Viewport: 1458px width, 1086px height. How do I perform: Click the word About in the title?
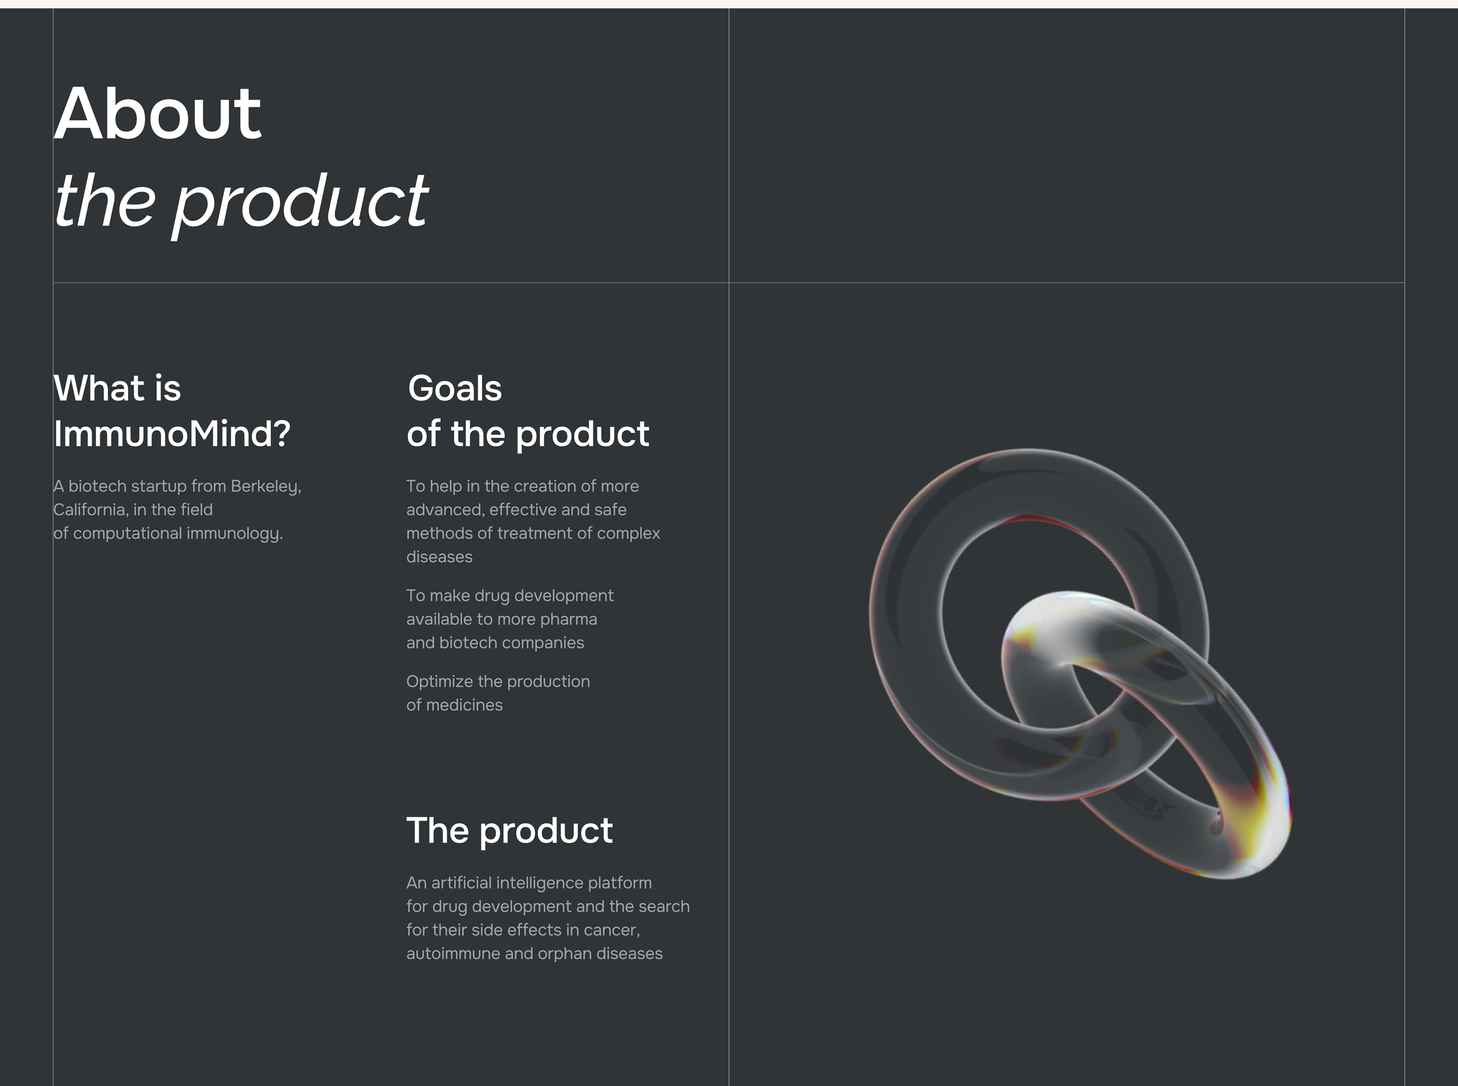coord(158,113)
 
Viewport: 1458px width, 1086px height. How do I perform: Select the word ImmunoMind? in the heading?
coord(172,434)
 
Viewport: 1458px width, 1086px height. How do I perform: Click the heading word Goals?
coord(455,388)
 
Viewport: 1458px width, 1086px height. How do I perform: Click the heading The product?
coord(510,831)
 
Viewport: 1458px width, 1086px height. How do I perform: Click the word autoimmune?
coord(453,953)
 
